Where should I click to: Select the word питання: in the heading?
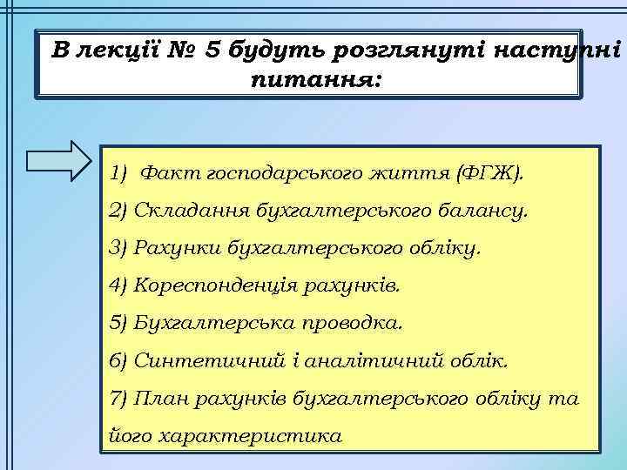pos(315,81)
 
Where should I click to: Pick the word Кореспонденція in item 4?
pos(206,285)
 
